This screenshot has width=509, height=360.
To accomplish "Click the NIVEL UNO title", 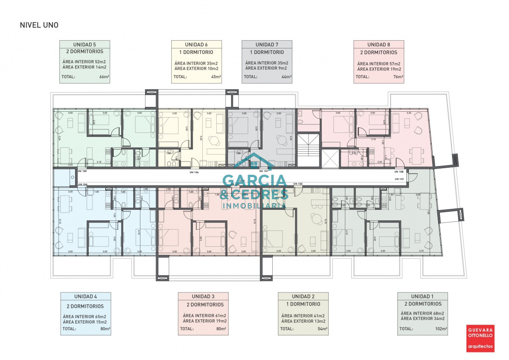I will pyautogui.click(x=39, y=25).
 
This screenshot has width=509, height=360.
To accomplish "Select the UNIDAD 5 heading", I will pyautogui.click(x=84, y=45).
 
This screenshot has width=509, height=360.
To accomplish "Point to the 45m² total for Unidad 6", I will pyautogui.click(x=216, y=77).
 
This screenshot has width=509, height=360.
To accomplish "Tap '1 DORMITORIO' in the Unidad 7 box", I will pyautogui.click(x=267, y=53).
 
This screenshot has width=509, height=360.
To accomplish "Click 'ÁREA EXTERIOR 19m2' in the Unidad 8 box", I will pyautogui.click(x=379, y=69).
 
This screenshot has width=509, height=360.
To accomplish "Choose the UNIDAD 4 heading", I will pyautogui.click(x=85, y=296).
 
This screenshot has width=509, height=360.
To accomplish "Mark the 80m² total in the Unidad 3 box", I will pyautogui.click(x=221, y=329).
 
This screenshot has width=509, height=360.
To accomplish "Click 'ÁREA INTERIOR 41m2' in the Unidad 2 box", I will pyautogui.click(x=303, y=316).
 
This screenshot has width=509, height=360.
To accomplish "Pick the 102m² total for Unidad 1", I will pyautogui.click(x=441, y=329).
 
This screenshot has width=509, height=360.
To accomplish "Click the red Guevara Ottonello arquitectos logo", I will pyautogui.click(x=480, y=338).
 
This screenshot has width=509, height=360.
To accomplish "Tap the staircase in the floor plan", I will pyautogui.click(x=308, y=150).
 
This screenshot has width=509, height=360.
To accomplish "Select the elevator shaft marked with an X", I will pyautogui.click(x=330, y=157).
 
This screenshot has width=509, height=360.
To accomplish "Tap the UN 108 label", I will pyautogui.click(x=399, y=172).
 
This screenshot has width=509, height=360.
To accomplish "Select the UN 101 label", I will pyautogui.click(x=399, y=179).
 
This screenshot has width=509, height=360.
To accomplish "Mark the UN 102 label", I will pyautogui.click(x=298, y=183).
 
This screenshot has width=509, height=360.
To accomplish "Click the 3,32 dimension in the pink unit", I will pyautogui.click(x=408, y=113).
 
